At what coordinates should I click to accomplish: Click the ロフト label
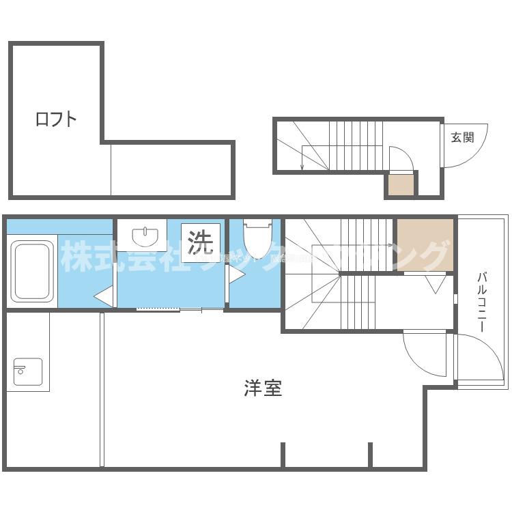56,119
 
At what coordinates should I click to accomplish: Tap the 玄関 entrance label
462,137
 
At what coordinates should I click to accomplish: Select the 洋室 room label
263,389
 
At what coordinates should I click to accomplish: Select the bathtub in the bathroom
32,270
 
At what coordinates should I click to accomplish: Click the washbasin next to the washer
145,236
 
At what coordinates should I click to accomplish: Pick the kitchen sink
28,371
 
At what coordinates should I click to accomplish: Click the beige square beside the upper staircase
401,184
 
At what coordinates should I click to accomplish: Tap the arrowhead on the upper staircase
302,167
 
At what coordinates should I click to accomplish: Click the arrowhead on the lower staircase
390,244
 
